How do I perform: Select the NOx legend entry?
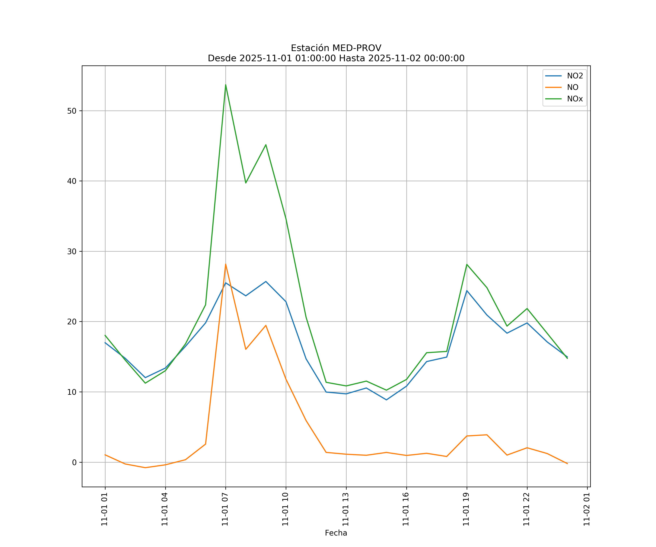(x=575, y=99)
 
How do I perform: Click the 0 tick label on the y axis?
(x=74, y=462)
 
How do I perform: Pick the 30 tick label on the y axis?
(x=72, y=251)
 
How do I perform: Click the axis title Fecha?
(x=336, y=533)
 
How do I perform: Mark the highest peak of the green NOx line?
(x=226, y=85)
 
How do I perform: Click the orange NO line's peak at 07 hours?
(x=226, y=264)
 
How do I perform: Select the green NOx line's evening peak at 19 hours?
(x=467, y=264)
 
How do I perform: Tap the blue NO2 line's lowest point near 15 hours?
(x=386, y=400)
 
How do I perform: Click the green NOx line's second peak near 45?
(x=266, y=145)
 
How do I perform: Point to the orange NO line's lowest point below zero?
(x=145, y=468)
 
